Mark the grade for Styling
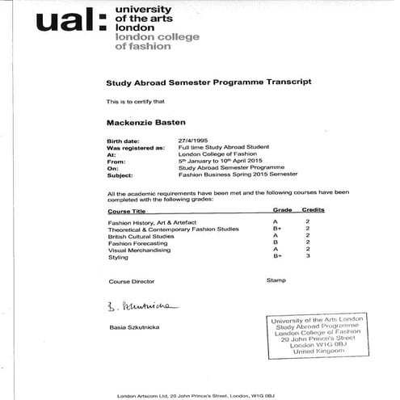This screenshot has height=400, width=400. [x=277, y=257]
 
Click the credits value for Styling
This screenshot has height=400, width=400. [x=308, y=257]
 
